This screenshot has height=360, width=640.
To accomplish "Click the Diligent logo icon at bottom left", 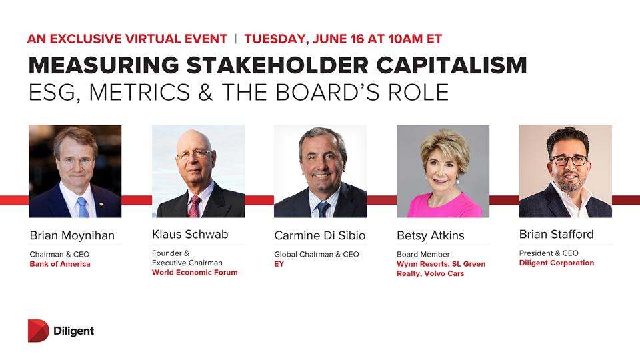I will pos(38,331).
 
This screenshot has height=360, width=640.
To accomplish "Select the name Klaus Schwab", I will pos(190,234).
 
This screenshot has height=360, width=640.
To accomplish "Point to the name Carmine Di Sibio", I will pos(319,235).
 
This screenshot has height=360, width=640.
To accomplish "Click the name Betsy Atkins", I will pos(430,235).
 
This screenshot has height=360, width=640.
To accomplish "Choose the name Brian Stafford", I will pos(556,234).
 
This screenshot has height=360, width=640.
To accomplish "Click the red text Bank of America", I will pos(60,264).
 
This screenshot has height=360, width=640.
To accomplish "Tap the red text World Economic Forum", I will pos(195,272).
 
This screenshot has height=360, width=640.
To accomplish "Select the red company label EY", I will pos(279,264).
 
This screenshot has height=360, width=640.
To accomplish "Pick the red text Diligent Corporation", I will pos(557,263).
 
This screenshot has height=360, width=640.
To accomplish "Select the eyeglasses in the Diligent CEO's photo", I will pos(569,160).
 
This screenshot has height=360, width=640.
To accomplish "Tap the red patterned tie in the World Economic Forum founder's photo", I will pos(195,207).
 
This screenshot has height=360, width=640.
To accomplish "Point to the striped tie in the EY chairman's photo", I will pos(323,209).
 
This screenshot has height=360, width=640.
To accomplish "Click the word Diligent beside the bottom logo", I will pos(74,331).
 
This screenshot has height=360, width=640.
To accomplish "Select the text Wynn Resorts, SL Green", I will pos(441,264).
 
